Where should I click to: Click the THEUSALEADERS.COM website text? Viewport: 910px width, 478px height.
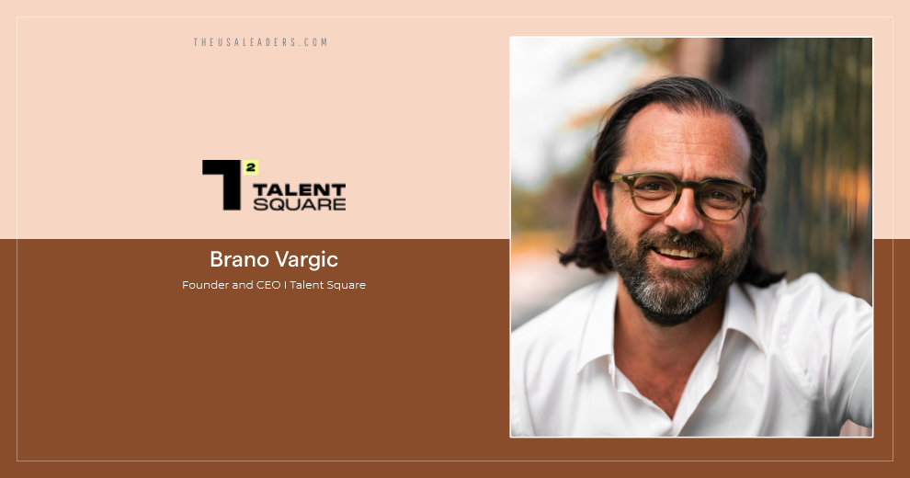coord(260,42)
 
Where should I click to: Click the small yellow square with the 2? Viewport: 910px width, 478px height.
coord(250,166)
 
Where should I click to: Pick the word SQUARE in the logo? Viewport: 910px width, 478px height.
coord(299,204)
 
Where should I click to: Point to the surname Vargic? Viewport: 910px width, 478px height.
coord(308,259)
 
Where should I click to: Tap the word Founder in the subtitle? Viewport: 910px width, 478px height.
coord(204,285)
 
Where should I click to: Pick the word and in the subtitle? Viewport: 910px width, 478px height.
coord(240,285)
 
